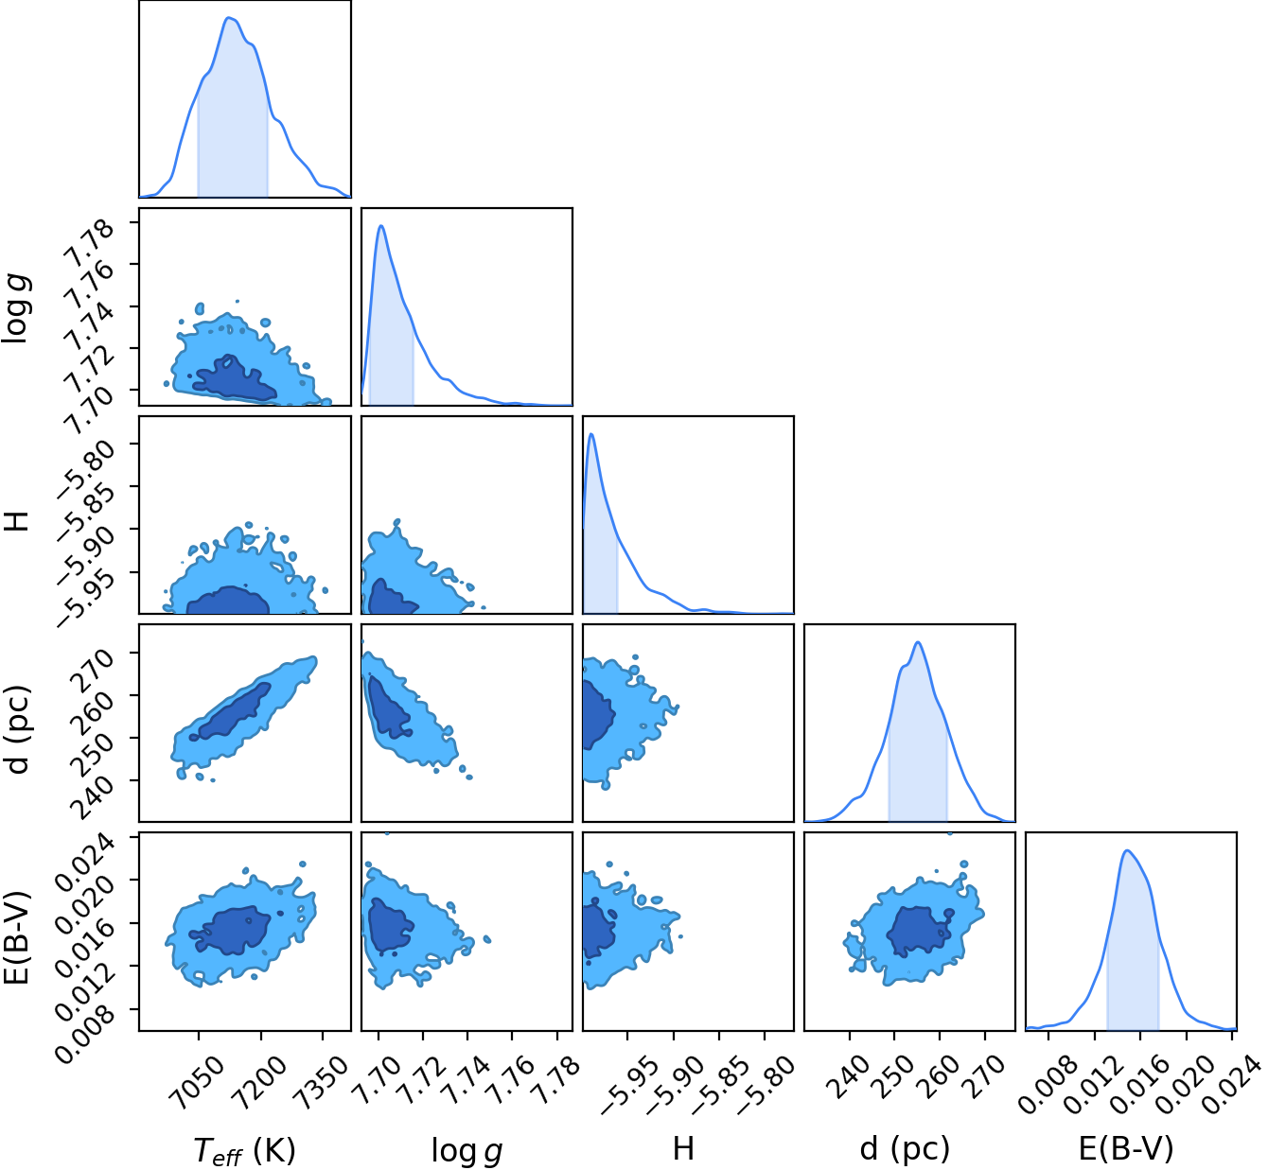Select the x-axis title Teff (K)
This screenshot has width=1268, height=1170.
tap(244, 1149)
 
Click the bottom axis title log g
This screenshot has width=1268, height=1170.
tap(467, 1150)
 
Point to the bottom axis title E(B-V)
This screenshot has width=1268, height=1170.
tap(1126, 1149)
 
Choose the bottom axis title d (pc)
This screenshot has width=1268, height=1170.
tap(905, 1149)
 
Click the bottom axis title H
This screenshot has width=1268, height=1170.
tap(683, 1149)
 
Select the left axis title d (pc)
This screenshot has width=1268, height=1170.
tap(18, 729)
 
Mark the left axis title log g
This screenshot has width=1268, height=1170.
tap(17, 309)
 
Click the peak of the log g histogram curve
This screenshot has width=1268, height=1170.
tap(381, 225)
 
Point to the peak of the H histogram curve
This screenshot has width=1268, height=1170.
tap(591, 434)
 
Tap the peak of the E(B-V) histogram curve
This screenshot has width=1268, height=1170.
tap(1127, 850)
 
